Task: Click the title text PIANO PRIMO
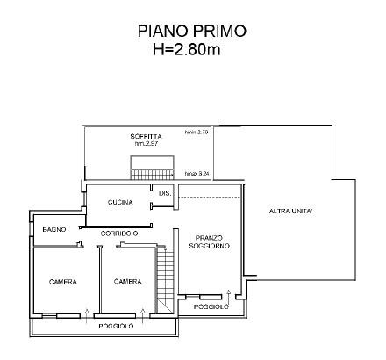pos(192,31)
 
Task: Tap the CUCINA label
pos(120,203)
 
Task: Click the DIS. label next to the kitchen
pos(163,193)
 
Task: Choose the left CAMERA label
pos(62,282)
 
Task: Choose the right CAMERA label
pos(128,282)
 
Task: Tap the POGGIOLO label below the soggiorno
pos(211,307)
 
